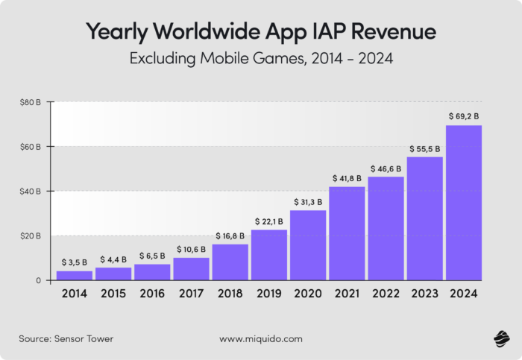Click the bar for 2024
coord(463,203)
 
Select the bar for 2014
coord(75,275)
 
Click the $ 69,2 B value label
coord(464,116)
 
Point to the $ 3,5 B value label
coord(75,262)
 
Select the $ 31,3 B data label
coord(308,201)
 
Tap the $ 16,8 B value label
coord(230,236)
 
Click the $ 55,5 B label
coord(424,148)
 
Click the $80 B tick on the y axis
coord(31,102)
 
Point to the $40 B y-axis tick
coord(31,192)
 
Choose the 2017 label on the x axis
coord(191,294)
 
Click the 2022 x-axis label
coord(386,294)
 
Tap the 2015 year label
coord(113,294)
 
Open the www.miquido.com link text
coord(261,338)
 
